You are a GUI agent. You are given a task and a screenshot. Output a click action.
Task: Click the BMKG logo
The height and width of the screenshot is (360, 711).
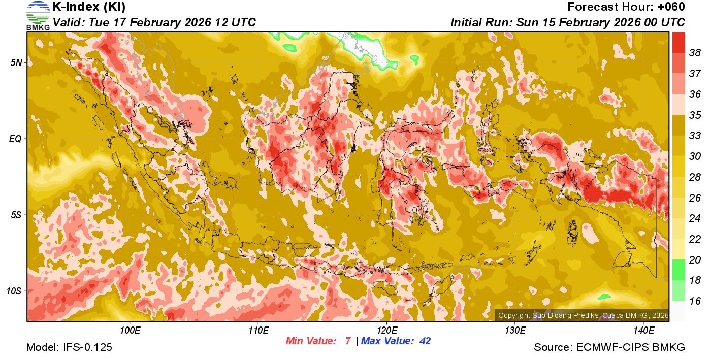tap(38, 16)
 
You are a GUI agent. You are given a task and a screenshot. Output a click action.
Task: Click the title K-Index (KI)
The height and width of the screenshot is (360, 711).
tap(89, 7)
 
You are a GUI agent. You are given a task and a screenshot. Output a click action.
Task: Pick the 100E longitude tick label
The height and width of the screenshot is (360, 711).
tap(130, 331)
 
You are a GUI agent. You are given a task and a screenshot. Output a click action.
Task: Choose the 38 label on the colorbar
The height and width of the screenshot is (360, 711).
tap(695, 53)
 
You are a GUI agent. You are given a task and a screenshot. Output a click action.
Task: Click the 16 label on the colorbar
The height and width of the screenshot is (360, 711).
tap(695, 301)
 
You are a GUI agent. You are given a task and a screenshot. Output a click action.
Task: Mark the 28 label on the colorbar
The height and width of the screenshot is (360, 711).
tap(695, 177)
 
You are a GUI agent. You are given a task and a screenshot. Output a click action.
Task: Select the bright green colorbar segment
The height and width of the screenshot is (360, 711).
tap(678, 270)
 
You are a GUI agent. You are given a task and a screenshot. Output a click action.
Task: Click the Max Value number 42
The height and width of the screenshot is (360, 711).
tap(425, 341)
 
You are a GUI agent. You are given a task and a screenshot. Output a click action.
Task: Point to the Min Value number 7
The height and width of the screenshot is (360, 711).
tap(348, 341)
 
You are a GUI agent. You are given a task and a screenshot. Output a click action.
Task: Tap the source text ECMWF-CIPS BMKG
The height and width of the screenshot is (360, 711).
tap(630, 347)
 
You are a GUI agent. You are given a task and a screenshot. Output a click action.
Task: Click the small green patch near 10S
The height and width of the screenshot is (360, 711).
tap(604, 297)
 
